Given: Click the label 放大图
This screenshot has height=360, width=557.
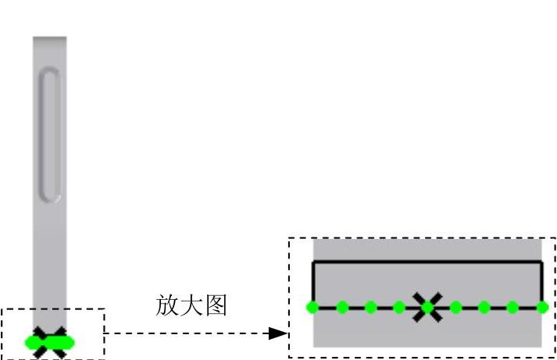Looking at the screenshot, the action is pos(191,305).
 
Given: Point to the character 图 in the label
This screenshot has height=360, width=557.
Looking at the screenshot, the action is pos(216,305).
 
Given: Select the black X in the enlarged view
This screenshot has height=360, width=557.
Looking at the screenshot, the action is pos(427,306).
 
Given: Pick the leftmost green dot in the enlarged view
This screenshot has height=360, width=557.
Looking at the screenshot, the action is pos(312,307).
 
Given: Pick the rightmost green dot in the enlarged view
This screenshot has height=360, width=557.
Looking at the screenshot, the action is pos(542,307).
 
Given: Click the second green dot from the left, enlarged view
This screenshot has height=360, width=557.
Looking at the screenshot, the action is pos(342,307).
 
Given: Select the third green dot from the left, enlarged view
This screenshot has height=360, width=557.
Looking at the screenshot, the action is pos(370,307).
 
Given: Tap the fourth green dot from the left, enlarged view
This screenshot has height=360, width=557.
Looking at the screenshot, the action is pos(399,307).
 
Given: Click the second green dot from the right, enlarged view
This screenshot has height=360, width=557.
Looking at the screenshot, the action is pos(513,307).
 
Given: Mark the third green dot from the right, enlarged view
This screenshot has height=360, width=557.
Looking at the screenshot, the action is pos(484,307).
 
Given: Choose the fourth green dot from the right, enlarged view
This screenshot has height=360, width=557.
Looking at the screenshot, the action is pos(456,307).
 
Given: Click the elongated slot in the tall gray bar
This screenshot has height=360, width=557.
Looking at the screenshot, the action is pos(49,134).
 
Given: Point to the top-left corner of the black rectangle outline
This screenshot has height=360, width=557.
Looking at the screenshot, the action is pos(313,262).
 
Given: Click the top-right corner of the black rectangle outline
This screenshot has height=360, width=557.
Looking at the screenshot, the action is pos(541,262).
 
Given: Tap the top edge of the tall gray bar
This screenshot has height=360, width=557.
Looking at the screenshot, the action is pos(49,37).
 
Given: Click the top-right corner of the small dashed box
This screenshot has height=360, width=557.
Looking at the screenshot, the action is pos(104,309).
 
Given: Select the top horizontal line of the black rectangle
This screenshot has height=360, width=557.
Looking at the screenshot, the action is pos(427,262).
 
